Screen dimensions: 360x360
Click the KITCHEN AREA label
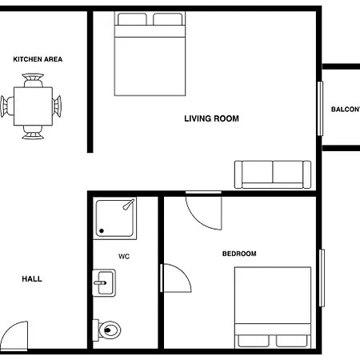point(38,59)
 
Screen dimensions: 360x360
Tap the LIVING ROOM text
point(212,118)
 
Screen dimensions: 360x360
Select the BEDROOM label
point(239,254)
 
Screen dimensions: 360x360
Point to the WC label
point(124,257)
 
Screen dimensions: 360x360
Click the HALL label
point(32,279)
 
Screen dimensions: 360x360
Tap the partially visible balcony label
point(346,110)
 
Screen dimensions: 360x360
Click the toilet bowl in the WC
point(110,330)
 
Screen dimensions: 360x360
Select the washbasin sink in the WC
point(104,283)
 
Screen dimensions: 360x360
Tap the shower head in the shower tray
point(129,205)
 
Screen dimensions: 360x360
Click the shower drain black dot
point(102,231)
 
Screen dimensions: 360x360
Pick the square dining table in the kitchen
point(33,106)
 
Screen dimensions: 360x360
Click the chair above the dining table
point(33,80)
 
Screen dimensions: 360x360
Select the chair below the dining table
point(33,132)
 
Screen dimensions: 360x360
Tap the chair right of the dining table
point(57,106)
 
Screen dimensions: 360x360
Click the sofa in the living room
point(273,174)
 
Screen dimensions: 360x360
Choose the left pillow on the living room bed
point(132,19)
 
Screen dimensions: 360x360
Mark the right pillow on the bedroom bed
point(291,341)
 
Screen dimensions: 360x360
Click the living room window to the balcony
point(320,109)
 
